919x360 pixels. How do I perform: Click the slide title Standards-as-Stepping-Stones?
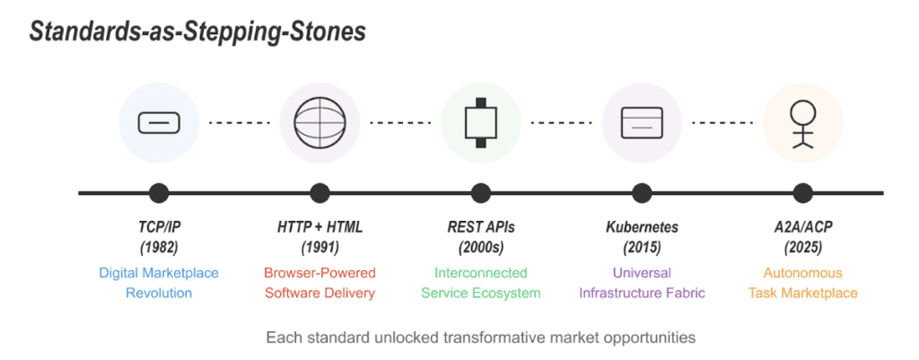(x=197, y=32)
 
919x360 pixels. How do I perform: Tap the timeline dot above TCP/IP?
(x=159, y=192)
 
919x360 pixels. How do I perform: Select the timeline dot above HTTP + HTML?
(x=320, y=192)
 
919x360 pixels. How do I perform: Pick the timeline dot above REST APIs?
(x=481, y=192)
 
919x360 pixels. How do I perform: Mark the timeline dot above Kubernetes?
(x=642, y=192)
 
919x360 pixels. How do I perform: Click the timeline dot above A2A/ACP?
(x=802, y=192)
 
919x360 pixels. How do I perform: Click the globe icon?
(x=320, y=123)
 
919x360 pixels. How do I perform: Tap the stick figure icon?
(x=802, y=123)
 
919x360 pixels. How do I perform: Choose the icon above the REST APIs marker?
(x=481, y=123)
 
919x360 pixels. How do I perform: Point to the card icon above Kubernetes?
(x=642, y=122)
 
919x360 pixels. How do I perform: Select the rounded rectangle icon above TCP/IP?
(x=159, y=122)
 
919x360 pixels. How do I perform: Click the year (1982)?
(x=159, y=248)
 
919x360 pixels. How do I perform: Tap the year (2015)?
(x=642, y=248)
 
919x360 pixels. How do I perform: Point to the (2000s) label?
(x=481, y=248)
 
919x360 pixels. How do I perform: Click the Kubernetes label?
(x=642, y=227)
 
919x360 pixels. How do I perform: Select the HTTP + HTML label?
(x=320, y=227)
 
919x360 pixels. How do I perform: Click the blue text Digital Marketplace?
(x=159, y=273)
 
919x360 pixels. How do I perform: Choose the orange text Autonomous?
(x=802, y=273)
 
